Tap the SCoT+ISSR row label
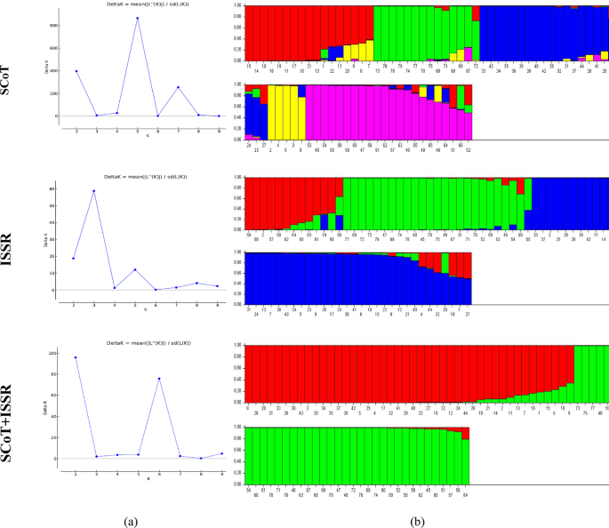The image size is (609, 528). click(x=12, y=404)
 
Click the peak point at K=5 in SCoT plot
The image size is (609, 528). click(x=137, y=18)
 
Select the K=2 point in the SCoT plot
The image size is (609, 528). click(x=76, y=71)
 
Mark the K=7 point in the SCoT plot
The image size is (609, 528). click(x=178, y=87)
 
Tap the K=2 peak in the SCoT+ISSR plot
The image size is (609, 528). click(x=76, y=357)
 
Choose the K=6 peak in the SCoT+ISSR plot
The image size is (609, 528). click(x=157, y=379)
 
